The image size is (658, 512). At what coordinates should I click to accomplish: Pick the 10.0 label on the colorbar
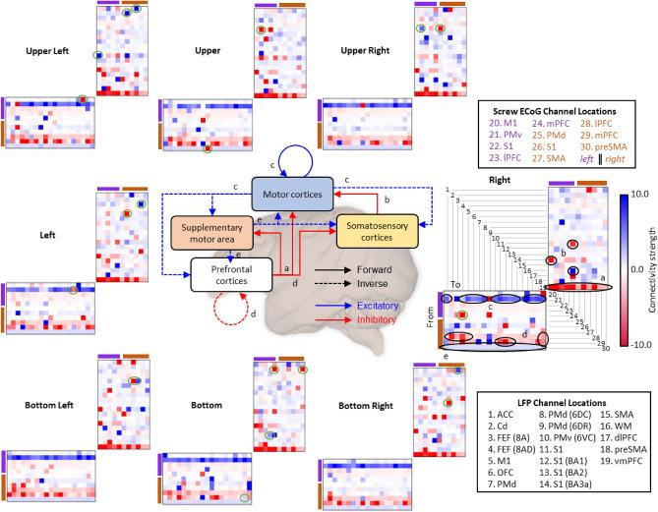[x=635, y=194]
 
